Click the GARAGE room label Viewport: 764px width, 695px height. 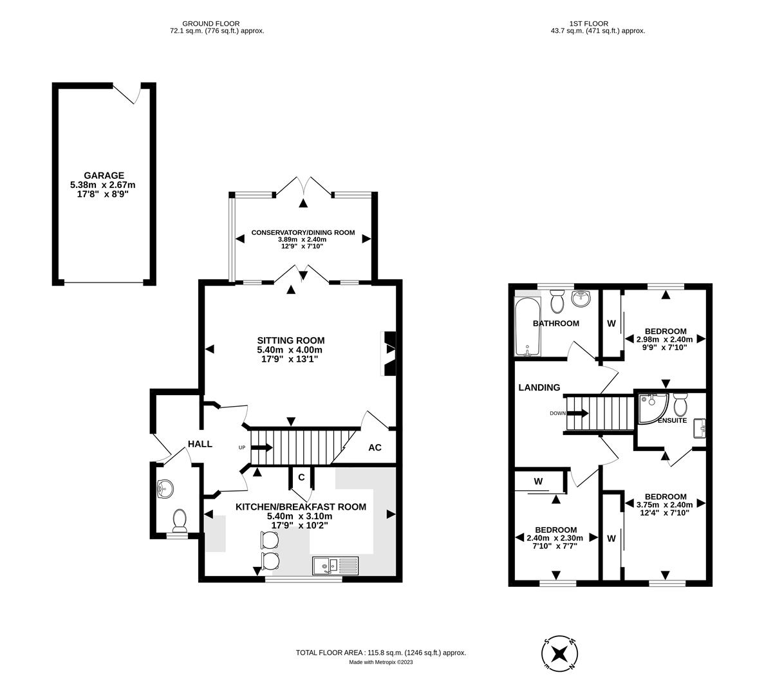click(103, 176)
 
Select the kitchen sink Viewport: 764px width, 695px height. click(335, 566)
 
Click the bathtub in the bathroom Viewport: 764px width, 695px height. click(526, 327)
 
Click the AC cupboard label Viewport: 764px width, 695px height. click(375, 447)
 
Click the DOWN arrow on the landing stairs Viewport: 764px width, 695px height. click(577, 413)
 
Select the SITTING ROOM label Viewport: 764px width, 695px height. click(291, 340)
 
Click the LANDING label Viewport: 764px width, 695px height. click(539, 387)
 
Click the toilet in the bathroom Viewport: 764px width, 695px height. click(557, 301)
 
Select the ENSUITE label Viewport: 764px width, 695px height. click(673, 420)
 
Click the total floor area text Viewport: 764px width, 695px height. click(380, 653)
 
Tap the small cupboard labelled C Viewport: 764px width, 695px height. click(301, 477)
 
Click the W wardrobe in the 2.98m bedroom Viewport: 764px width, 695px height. click(611, 322)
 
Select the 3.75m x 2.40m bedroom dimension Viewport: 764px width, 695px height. click(664, 505)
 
